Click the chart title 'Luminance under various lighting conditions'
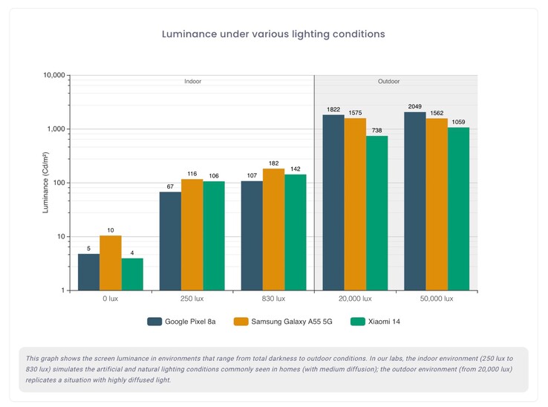pyautogui.click(x=273, y=34)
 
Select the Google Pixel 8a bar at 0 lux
pyautogui.click(x=89, y=272)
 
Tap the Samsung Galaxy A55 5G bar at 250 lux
pyautogui.click(x=192, y=235)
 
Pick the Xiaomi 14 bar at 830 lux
pyautogui.click(x=296, y=232)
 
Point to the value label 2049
pyautogui.click(x=414, y=106)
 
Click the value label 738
pyautogui.click(x=376, y=130)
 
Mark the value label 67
pyautogui.click(x=171, y=186)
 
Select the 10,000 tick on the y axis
pyautogui.click(x=54, y=75)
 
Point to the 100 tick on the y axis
pyautogui.click(x=59, y=183)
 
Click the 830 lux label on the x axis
pyautogui.click(x=273, y=299)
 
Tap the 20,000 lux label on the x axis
pyautogui.click(x=355, y=299)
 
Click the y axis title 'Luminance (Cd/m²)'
pyautogui.click(x=45, y=183)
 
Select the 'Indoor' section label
pyautogui.click(x=192, y=81)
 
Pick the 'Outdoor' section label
pyautogui.click(x=396, y=81)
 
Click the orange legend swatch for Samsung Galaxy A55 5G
pyautogui.click(x=241, y=322)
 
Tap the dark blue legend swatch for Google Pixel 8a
pyautogui.click(x=155, y=322)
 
